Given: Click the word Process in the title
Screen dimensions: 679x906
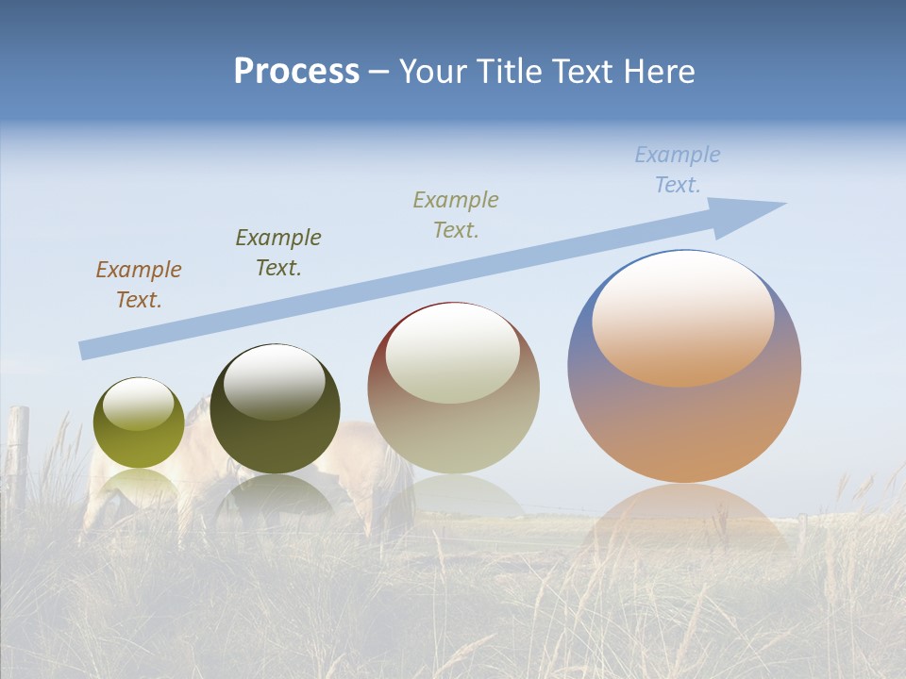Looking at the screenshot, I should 296,72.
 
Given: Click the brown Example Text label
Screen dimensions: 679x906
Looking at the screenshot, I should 139,285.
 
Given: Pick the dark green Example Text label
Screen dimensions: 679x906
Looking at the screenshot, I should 278,253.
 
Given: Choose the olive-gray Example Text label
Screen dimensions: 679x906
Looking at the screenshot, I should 456,215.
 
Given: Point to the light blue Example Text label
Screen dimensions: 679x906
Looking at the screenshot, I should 678,170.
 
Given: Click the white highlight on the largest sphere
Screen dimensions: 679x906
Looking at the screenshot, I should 683,316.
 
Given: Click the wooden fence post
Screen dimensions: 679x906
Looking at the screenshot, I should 19,453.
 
